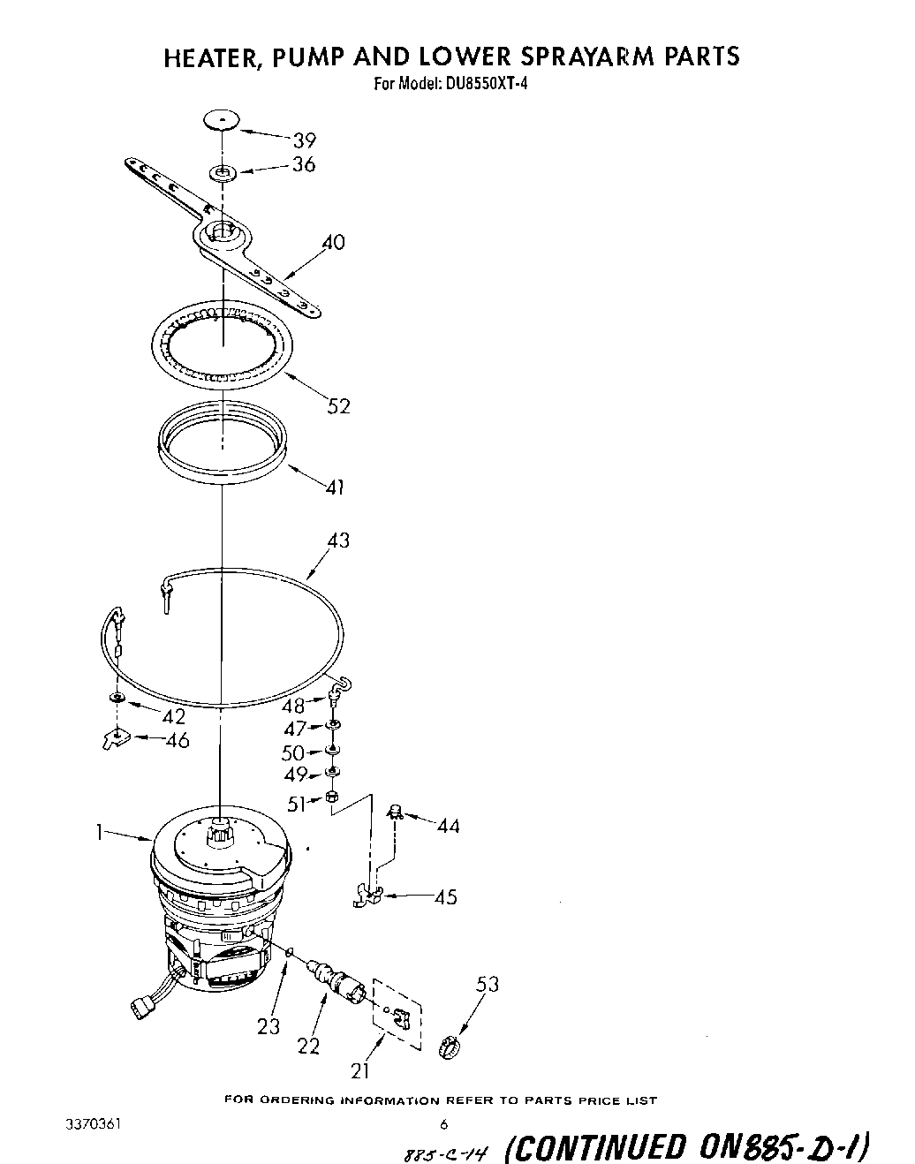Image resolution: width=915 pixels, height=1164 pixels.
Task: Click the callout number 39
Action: pos(304,140)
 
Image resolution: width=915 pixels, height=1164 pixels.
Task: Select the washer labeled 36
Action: pos(222,170)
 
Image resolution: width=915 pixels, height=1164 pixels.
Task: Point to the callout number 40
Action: pos(333,242)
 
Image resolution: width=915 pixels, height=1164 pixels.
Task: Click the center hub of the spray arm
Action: pos(221,235)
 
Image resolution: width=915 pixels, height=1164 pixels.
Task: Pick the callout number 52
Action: pos(338,405)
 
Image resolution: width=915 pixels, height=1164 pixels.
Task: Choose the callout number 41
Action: pos(335,486)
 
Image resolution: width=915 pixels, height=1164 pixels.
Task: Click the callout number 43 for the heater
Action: pos(338,540)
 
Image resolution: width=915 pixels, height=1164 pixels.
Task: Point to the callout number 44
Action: pos(448,826)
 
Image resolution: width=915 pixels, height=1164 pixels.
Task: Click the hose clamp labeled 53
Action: pos(450,1047)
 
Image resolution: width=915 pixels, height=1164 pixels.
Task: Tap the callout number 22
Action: pos(308,1046)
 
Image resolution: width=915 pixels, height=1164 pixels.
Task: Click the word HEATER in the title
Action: pos(213,57)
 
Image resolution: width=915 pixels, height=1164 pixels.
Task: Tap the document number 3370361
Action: pos(93,1125)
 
